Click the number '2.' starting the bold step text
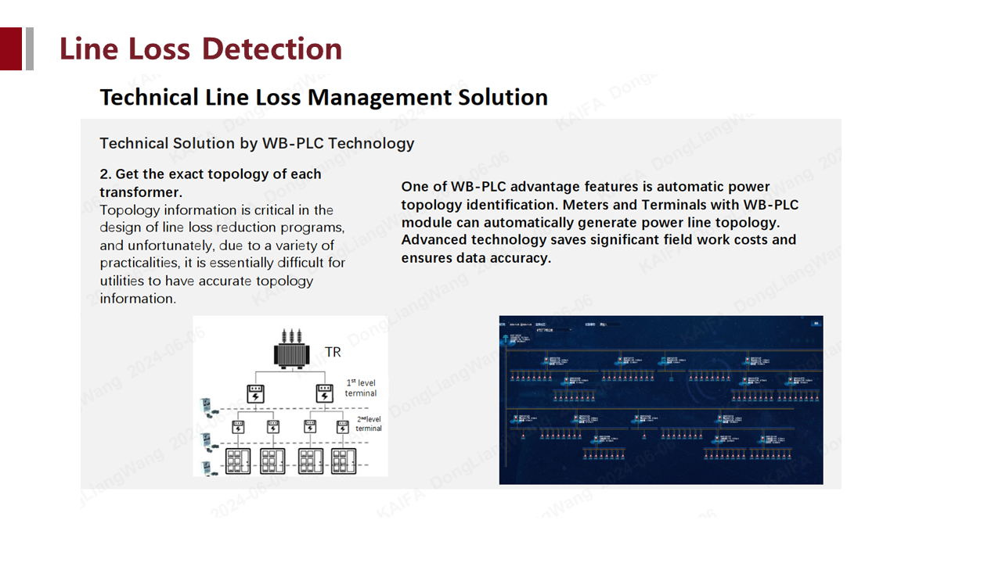click(x=106, y=174)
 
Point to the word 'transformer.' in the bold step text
click(x=140, y=192)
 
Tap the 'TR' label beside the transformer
click(x=333, y=353)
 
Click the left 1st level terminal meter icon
click(x=254, y=393)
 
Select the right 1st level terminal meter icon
click(x=324, y=393)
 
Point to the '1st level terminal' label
click(x=361, y=388)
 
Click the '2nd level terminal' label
click(x=368, y=423)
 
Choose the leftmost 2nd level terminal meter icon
click(x=238, y=427)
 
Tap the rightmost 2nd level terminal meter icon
click(x=342, y=427)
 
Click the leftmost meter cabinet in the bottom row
click(x=238, y=460)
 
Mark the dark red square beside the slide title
click(x=11, y=48)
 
